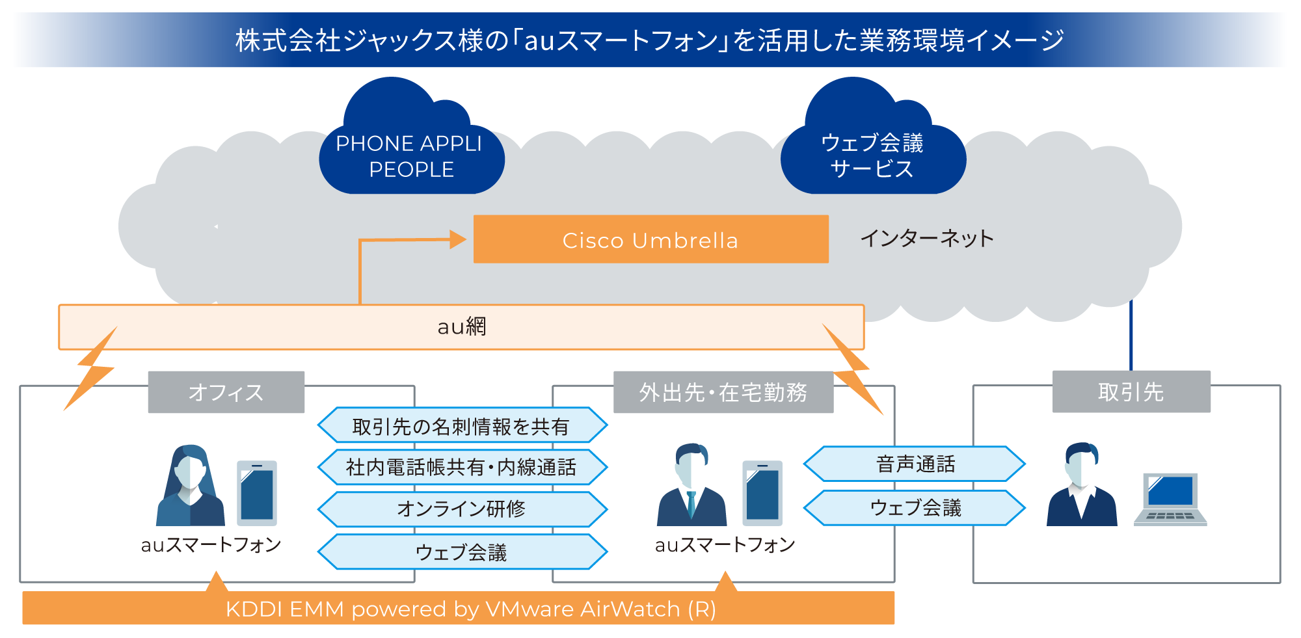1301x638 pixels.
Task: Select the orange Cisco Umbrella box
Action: [x=650, y=239]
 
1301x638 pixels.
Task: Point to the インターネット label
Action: [x=926, y=238]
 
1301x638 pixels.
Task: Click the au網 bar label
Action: [x=461, y=326]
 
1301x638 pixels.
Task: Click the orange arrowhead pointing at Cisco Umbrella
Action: [x=457, y=239]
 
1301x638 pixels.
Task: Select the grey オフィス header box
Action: [x=226, y=392]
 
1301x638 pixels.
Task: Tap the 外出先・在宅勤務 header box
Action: [x=723, y=392]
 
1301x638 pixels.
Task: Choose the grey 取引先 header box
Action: [x=1131, y=392]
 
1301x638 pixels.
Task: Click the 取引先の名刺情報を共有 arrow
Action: [x=461, y=426]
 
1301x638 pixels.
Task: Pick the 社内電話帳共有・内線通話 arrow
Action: [x=461, y=467]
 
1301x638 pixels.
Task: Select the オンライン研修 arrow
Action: [x=461, y=509]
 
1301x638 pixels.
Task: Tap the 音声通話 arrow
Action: [x=915, y=464]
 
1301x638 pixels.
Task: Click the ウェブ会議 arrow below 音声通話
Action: [x=915, y=507]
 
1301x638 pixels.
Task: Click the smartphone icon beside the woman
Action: [x=257, y=493]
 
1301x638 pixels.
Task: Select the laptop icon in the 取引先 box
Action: [x=1170, y=499]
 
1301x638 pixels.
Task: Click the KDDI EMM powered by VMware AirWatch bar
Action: [x=458, y=609]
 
